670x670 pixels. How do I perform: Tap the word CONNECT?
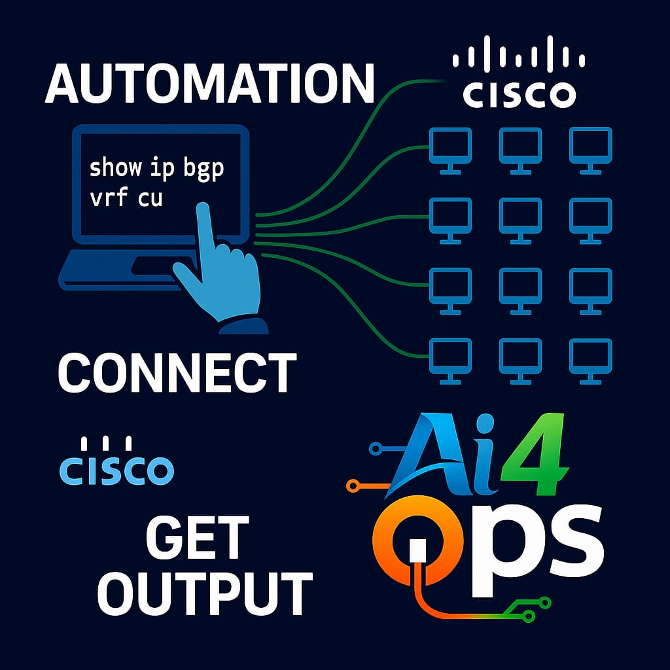(177, 372)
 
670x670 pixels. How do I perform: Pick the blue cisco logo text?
(116, 470)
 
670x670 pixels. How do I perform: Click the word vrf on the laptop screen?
(108, 197)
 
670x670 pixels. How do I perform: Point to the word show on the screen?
(115, 167)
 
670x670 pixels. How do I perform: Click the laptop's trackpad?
(154, 266)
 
